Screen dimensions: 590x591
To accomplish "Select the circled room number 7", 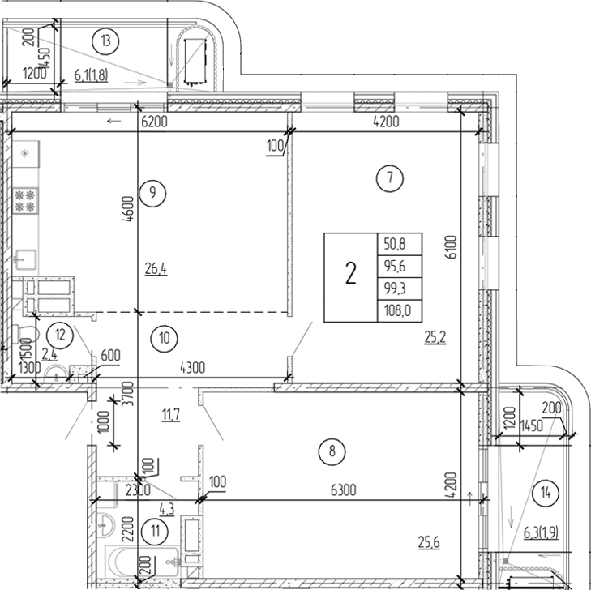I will point(390,177).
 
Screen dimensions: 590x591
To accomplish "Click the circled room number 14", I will point(546,490).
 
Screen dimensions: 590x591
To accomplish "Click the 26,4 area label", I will point(156,269).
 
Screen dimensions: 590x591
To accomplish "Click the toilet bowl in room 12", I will point(24,334).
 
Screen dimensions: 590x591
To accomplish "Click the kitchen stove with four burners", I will point(25,200).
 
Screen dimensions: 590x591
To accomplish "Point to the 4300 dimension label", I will point(192,367).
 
